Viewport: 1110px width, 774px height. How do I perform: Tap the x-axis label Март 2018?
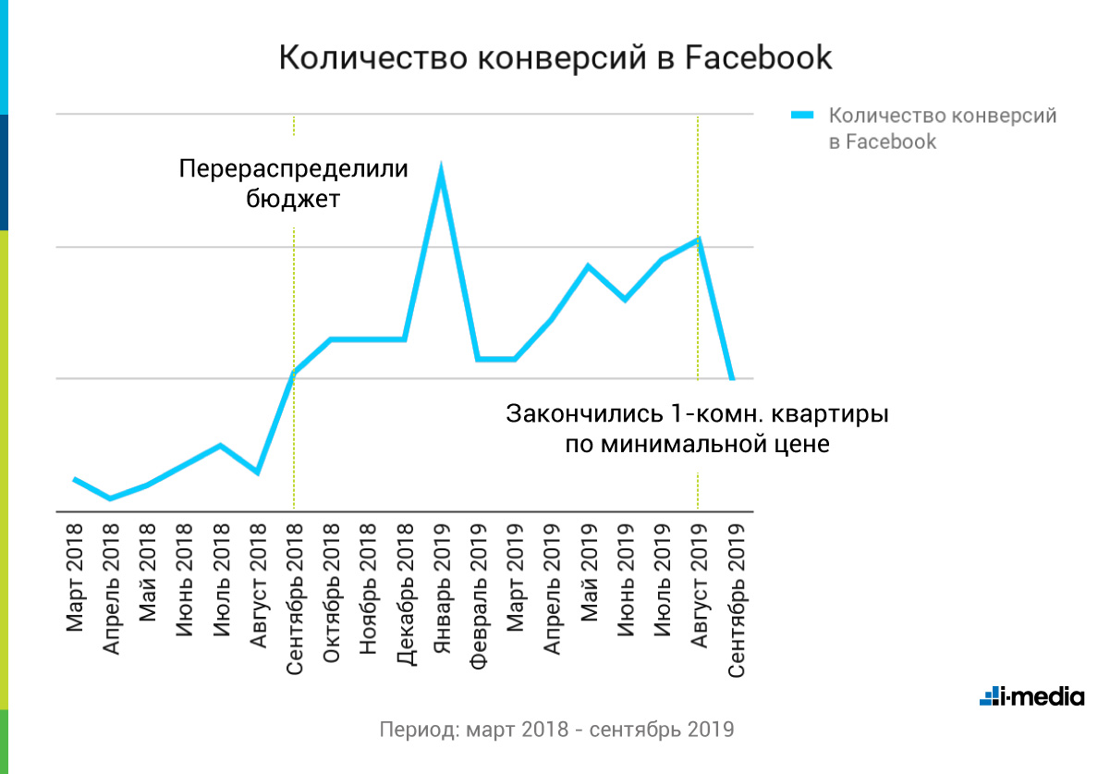[x=75, y=578]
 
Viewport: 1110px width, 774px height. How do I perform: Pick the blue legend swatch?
[x=802, y=117]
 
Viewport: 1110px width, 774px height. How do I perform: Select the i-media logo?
[x=1031, y=696]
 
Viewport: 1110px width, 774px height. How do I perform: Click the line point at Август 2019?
[x=699, y=240]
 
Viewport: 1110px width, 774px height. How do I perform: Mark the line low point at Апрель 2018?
[x=111, y=498]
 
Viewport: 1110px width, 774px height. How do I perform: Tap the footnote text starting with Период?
[x=556, y=729]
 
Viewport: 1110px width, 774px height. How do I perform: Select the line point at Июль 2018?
[x=220, y=446]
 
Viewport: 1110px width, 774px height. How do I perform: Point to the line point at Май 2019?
[x=588, y=266]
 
